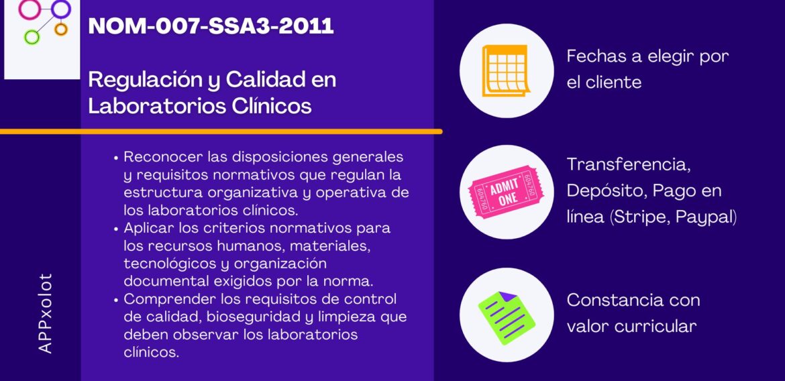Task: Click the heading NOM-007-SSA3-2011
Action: pyautogui.click(x=211, y=25)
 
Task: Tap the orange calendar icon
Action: pyautogui.click(x=506, y=70)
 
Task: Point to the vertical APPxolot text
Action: pyautogui.click(x=46, y=313)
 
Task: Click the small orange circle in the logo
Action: pyautogui.click(x=61, y=29)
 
